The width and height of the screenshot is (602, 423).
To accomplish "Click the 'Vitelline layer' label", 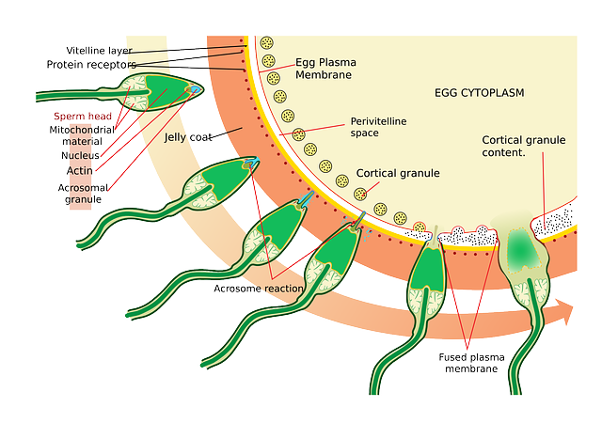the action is (x=99, y=50).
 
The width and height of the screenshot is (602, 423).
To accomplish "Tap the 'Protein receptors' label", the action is (x=91, y=65).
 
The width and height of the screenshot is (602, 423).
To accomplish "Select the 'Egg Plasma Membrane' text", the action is (x=325, y=69).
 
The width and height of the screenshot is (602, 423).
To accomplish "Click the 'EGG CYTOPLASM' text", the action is (x=479, y=93).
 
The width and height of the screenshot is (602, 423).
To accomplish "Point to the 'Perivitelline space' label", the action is (x=378, y=127).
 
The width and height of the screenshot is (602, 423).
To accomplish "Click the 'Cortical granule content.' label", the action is (x=524, y=146).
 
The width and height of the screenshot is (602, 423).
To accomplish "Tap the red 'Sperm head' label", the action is (x=83, y=116).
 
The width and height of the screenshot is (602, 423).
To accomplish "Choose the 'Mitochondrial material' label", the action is (x=82, y=135).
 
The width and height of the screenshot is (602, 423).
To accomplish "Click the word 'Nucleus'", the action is (x=80, y=155).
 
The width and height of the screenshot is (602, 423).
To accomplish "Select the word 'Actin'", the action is (x=79, y=170).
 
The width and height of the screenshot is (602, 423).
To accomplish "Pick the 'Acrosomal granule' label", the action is (x=83, y=194).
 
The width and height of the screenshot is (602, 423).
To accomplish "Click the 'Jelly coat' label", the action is (x=188, y=137).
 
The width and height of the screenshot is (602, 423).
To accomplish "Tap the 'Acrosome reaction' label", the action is (x=258, y=289).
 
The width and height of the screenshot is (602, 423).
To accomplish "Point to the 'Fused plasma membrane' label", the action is (x=471, y=363).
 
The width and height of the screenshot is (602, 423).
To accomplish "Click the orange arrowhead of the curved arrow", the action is (x=563, y=311).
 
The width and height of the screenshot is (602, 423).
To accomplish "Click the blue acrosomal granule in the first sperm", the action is (x=196, y=90).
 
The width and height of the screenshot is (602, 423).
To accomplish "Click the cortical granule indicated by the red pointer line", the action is (x=360, y=195).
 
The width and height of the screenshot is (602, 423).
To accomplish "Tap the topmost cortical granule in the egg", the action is (x=266, y=43).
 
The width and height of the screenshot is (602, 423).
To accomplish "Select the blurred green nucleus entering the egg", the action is (x=521, y=249).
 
